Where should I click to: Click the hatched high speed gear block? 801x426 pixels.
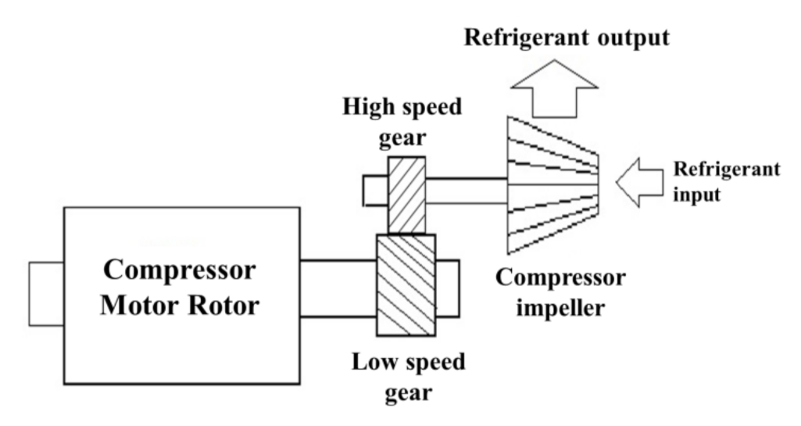[406, 195]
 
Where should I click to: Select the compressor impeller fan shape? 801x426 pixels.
[551, 186]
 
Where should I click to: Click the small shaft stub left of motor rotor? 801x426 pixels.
[46, 293]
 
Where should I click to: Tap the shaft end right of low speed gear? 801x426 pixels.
[446, 288]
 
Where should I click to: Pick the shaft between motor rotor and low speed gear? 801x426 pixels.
[338, 288]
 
